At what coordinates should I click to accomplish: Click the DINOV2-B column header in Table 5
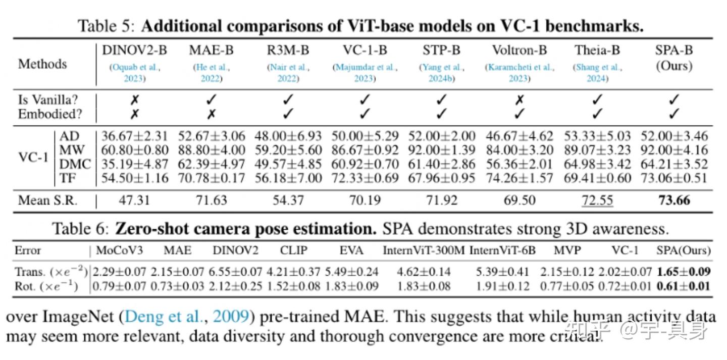tap(134, 50)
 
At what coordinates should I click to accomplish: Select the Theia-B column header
tap(597, 50)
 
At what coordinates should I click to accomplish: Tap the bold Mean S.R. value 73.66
tap(674, 200)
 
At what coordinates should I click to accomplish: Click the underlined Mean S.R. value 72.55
tap(597, 200)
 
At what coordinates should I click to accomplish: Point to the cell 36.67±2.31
tap(134, 136)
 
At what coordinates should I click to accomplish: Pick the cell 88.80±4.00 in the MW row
tap(212, 150)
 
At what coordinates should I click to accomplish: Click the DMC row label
tap(75, 164)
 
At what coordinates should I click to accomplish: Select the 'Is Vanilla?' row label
tap(48, 100)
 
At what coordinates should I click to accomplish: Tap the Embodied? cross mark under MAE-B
tap(212, 114)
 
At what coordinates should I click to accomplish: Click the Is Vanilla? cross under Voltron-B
tap(519, 100)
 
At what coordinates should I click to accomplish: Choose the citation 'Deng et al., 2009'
tap(187, 317)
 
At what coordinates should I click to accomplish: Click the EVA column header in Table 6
tap(351, 250)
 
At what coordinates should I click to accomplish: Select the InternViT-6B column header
tap(502, 250)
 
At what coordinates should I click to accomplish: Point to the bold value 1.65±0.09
tap(684, 272)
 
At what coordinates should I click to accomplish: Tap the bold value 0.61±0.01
tap(684, 286)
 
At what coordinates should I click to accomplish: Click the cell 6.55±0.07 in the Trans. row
tap(237, 272)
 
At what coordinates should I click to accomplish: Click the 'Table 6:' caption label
tap(81, 229)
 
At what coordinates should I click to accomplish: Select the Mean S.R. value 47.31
tap(134, 200)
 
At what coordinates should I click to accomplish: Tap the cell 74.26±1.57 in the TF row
tap(519, 178)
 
